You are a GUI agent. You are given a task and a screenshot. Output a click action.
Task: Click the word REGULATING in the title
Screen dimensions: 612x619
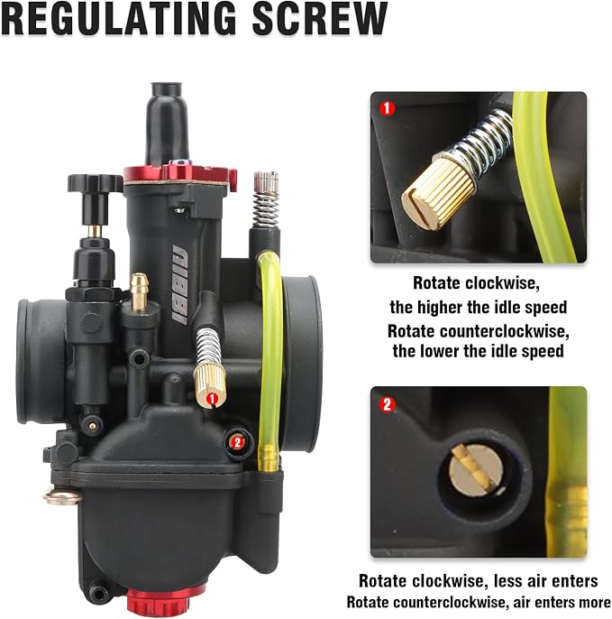click(x=119, y=19)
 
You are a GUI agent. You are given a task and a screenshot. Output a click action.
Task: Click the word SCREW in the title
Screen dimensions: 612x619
click(x=320, y=19)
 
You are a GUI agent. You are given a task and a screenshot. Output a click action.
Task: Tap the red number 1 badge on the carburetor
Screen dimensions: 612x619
click(x=212, y=399)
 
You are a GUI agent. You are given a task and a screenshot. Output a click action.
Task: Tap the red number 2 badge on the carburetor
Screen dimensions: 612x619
click(x=236, y=442)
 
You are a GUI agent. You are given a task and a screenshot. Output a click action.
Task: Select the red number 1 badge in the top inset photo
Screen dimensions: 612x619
click(x=387, y=107)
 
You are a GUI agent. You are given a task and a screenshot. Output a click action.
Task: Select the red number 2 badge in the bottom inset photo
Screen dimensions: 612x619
click(x=387, y=404)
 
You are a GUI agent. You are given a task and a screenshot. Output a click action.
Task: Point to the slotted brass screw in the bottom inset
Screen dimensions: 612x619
click(x=476, y=469)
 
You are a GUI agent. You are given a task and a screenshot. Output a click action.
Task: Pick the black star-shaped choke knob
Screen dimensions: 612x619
click(x=95, y=183)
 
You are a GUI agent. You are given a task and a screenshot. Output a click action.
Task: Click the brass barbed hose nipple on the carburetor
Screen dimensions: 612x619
click(x=139, y=291)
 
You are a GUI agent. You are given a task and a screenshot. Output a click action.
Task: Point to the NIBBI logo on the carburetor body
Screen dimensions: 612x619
click(x=180, y=284)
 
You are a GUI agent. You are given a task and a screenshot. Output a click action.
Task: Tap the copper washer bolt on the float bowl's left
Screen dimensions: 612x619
click(x=62, y=496)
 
